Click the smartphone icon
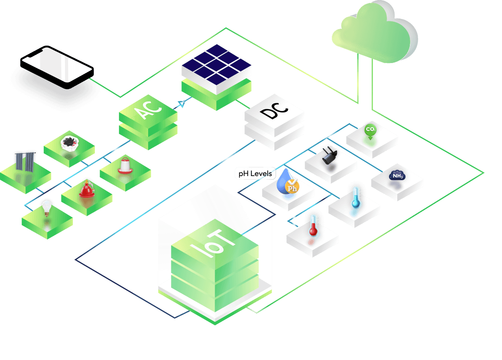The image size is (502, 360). coord(57,67)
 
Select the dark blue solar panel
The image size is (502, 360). coord(216,65)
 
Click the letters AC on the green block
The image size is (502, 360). coord(148,109)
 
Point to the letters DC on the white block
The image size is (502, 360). coord(274,111)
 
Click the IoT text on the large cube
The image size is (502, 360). coord(213,244)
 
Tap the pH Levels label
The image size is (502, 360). coord(255,174)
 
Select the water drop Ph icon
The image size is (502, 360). coord(288,182)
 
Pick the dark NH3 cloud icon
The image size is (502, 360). coord(397,176)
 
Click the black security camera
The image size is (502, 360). coord(330,156)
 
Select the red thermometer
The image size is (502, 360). coord(313,226)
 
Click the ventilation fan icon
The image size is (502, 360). coord(70,143)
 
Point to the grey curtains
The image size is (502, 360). coord(25,162)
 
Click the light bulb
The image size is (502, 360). coord(46,208)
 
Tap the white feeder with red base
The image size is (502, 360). coord(125,166)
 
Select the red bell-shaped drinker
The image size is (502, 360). coord(87,189)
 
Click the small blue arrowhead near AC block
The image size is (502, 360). coord(182,104)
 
